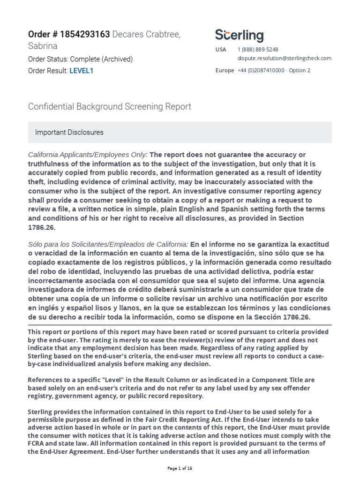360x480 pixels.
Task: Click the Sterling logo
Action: pyautogui.click(x=239, y=36)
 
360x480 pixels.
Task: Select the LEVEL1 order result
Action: pyautogui.click(x=82, y=71)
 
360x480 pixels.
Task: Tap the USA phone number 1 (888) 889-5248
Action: pyautogui.click(x=258, y=49)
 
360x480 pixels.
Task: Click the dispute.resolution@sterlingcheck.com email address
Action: pyautogui.click(x=285, y=58)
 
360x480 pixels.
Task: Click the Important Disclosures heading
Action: pyautogui.click(x=69, y=132)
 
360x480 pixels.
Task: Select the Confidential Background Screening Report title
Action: pyautogui.click(x=110, y=106)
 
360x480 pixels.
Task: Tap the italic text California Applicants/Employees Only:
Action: pyautogui.click(x=88, y=155)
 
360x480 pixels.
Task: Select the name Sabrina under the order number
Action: pyautogui.click(x=43, y=46)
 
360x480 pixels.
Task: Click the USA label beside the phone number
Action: pyautogui.click(x=220, y=49)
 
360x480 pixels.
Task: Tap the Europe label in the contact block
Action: pyautogui.click(x=225, y=70)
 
